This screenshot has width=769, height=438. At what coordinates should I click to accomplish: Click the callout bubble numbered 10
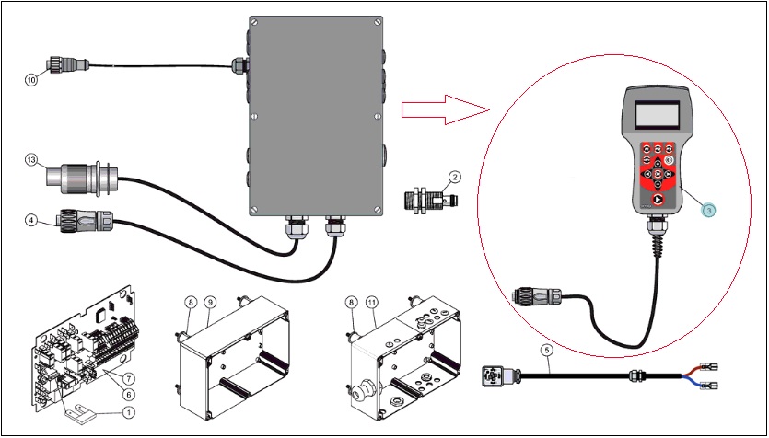pos(31,80)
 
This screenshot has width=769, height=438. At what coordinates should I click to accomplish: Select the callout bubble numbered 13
pos(31,162)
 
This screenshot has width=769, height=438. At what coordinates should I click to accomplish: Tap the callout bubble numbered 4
pos(31,221)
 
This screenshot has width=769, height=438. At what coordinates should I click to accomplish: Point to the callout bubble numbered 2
pos(455,178)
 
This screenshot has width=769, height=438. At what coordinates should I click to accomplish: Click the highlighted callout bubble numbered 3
pos(708,209)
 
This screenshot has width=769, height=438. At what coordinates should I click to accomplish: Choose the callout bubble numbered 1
pos(129,413)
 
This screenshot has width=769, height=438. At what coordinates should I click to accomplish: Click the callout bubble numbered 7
pos(128,378)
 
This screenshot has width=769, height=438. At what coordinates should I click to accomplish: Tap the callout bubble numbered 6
pos(128,394)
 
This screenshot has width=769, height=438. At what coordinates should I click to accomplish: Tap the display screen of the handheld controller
pos(657,116)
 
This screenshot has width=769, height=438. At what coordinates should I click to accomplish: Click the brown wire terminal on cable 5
pos(710,365)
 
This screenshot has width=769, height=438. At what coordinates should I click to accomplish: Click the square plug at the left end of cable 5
pos(493,376)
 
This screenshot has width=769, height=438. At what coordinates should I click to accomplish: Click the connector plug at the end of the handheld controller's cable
pos(536,296)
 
